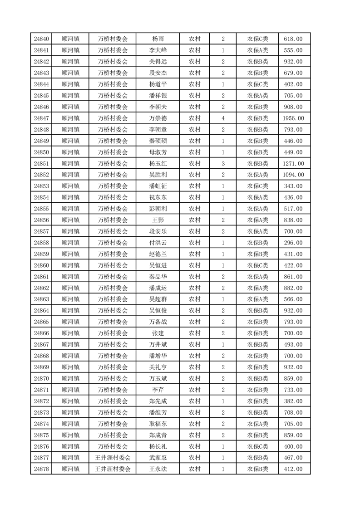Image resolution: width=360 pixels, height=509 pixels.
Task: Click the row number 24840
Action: pyautogui.click(x=41, y=39)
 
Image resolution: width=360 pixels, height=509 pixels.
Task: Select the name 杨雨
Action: pyautogui.click(x=158, y=39)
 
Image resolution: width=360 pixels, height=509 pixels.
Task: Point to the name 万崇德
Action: pyautogui.click(x=158, y=118)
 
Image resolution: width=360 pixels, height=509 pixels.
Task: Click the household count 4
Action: pyautogui.click(x=223, y=118)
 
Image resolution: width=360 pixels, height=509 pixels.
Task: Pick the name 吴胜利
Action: pyautogui.click(x=158, y=175)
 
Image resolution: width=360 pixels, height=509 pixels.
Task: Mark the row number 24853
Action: pyautogui.click(x=41, y=186)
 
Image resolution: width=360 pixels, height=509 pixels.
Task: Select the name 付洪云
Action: pyautogui.click(x=158, y=243)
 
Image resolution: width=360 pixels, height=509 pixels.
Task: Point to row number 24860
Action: pyautogui.click(x=41, y=265)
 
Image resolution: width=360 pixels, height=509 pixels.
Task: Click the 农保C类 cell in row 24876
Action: pyautogui.click(x=257, y=446)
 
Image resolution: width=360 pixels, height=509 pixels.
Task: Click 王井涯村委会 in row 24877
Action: pyautogui.click(x=113, y=458)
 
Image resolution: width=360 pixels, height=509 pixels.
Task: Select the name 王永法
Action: pyautogui.click(x=158, y=469)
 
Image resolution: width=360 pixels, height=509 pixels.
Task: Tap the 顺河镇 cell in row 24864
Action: pyautogui.click(x=70, y=311)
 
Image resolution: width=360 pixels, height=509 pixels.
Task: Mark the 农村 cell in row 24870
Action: pyautogui.click(x=195, y=378)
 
